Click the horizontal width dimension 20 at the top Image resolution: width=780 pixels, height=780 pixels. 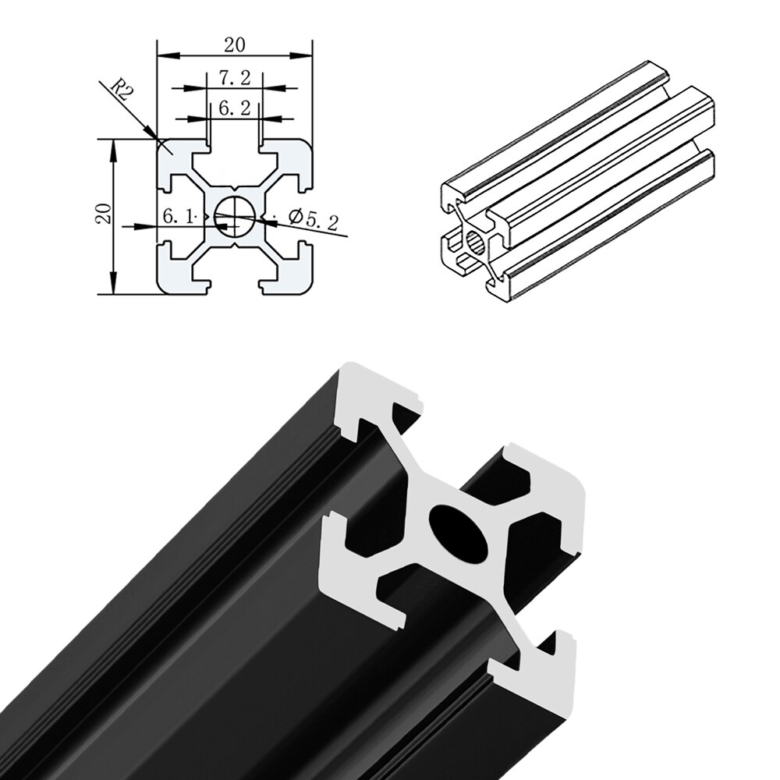[234, 45]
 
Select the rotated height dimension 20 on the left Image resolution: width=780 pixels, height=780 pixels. [102, 212]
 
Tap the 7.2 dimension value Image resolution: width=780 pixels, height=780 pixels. [234, 78]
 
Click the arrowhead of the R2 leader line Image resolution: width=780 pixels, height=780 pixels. [154, 139]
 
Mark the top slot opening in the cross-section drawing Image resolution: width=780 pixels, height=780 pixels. [234, 148]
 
